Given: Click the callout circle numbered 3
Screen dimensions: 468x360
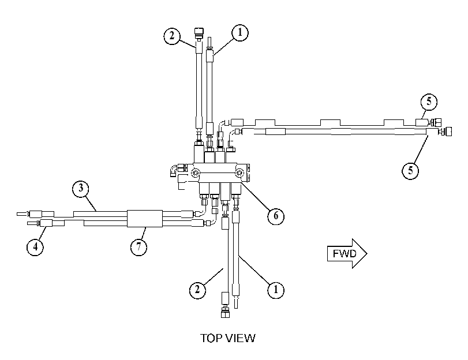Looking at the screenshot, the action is coord(81,189).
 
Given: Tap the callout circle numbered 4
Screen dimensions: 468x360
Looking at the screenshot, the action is coord(35,247).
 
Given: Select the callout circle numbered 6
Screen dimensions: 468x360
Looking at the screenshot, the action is coord(275,216).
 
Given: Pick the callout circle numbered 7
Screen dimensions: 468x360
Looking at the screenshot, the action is coord(139,247).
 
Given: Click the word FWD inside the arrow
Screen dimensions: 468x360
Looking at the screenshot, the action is coord(345,254).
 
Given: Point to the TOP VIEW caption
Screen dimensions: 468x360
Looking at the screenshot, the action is coord(228,338).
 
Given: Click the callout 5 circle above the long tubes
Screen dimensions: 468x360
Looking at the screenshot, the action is coord(429,102).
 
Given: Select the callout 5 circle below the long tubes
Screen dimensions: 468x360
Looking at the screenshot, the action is coord(410,170).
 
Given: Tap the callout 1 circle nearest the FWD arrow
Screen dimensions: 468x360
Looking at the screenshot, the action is coord(275,290).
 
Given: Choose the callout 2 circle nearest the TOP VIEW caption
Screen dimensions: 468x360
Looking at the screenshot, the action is coord(197,290).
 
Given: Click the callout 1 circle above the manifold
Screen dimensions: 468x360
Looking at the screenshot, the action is coord(239,32).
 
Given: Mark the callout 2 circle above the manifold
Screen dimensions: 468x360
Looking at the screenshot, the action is coord(172,36).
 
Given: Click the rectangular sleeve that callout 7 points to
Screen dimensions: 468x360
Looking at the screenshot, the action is coord(145,219).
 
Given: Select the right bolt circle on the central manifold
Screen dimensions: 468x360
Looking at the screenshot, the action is coord(239,173).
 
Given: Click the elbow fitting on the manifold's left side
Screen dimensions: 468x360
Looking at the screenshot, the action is coord(174,171).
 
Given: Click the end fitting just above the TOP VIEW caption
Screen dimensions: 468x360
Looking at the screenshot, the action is coord(225,313).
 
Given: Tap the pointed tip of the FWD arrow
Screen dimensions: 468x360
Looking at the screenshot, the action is coord(367,254).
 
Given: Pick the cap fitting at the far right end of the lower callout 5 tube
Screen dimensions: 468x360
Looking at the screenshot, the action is coord(448,132).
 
